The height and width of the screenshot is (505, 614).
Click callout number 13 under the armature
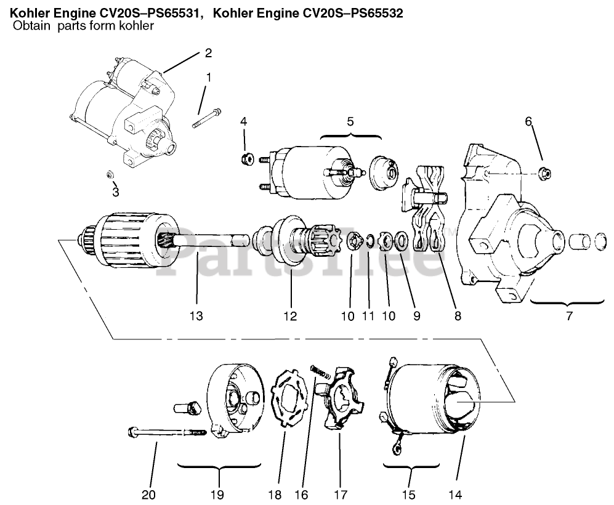(196, 317)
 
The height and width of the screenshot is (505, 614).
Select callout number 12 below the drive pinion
(290, 317)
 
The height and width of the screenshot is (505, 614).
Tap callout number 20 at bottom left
(150, 495)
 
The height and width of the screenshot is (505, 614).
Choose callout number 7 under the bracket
(568, 317)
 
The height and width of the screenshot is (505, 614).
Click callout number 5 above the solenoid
(350, 121)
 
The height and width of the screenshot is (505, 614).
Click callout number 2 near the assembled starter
(208, 53)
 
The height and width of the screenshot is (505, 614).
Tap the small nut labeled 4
(244, 160)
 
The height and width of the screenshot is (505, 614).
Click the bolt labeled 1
(206, 117)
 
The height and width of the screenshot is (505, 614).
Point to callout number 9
(416, 317)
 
